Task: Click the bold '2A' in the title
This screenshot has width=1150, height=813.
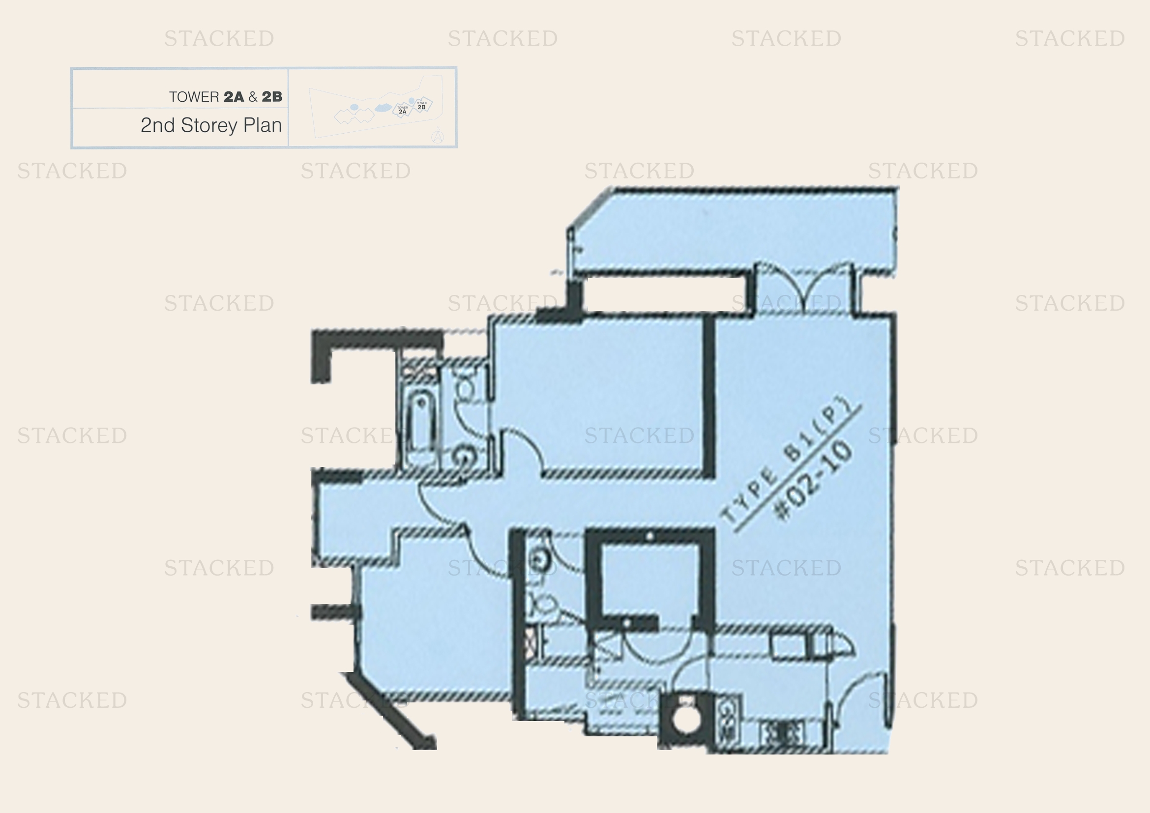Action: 234,97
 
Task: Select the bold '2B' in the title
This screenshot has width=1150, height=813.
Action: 272,97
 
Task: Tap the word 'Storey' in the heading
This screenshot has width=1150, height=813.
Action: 209,125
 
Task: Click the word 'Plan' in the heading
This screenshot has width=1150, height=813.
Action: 263,125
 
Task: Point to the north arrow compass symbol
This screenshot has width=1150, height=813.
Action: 437,137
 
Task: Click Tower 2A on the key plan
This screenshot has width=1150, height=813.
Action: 402,110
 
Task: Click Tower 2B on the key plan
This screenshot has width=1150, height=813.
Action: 422,105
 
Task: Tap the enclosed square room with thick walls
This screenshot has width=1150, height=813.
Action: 649,581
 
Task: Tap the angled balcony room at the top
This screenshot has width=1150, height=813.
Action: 731,230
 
